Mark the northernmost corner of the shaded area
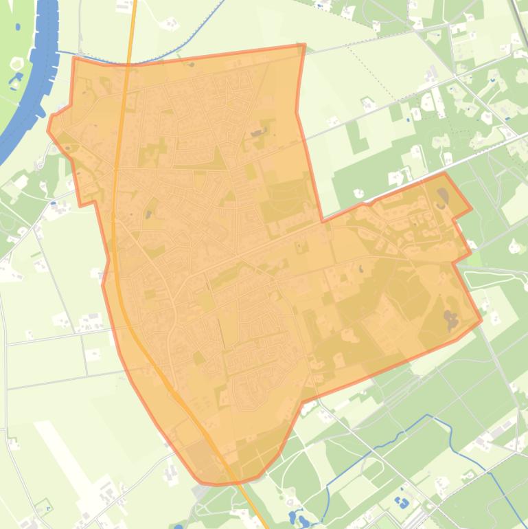[x=303, y=45]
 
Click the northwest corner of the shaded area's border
[x=73, y=58]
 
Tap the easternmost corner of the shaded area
[x=481, y=319]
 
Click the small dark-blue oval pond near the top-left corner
[x=16, y=27]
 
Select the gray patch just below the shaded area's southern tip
[x=200, y=492]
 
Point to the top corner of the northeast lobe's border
[x=444, y=173]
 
